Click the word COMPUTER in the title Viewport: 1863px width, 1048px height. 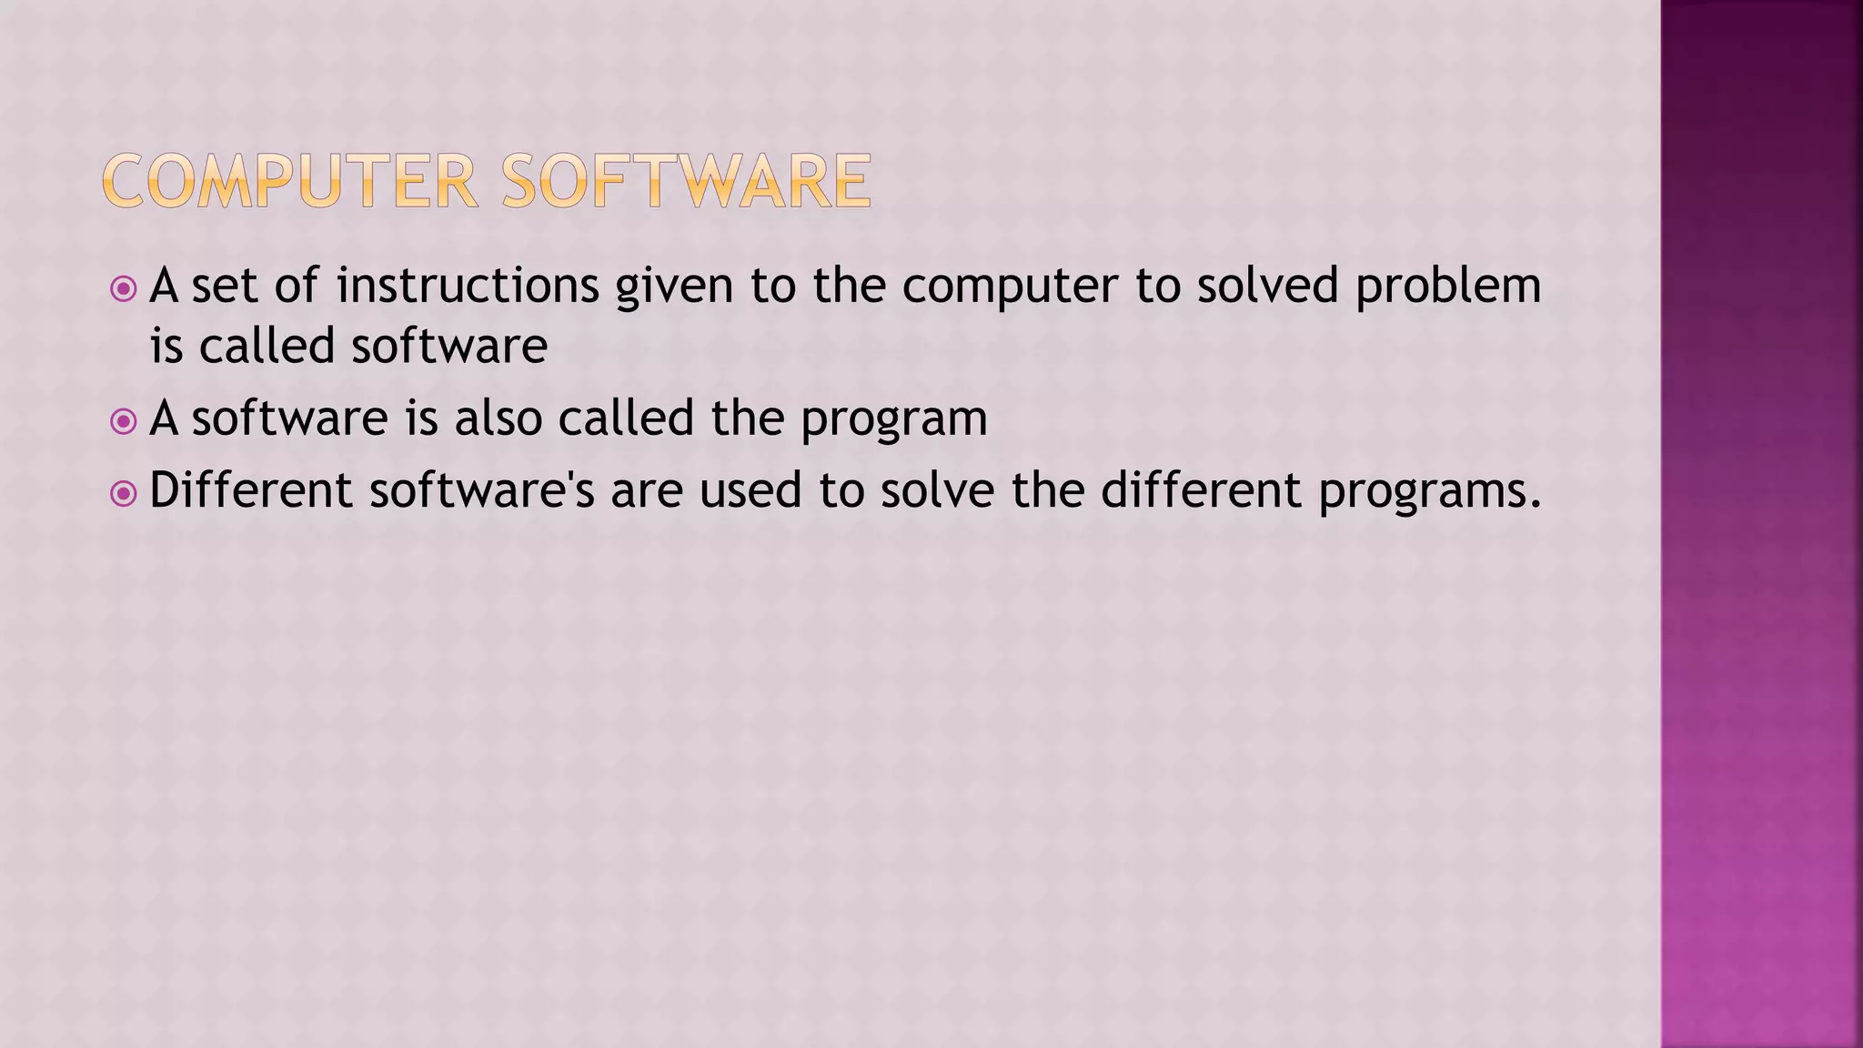click(290, 181)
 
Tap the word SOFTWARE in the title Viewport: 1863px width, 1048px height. click(687, 181)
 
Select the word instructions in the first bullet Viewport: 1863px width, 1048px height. click(468, 286)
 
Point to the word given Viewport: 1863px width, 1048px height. click(674, 287)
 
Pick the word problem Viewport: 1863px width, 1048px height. click(1448, 287)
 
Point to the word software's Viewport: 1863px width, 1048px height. click(482, 490)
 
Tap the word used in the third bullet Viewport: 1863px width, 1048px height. click(750, 490)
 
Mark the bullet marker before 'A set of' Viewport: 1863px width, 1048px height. click(123, 289)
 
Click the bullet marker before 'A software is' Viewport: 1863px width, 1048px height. click(123, 421)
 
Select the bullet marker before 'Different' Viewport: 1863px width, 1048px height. click(123, 494)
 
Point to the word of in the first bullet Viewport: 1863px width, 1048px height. click(297, 286)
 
